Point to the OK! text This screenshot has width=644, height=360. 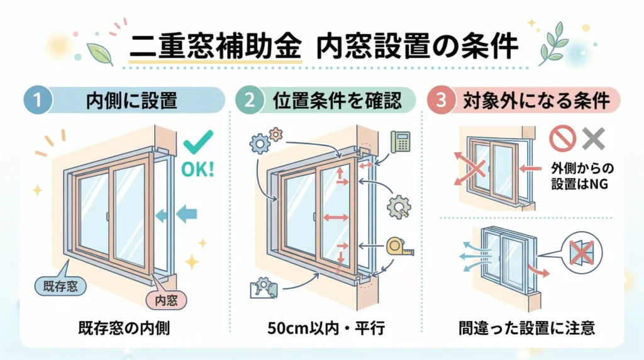[x=197, y=171]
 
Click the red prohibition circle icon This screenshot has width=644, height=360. [x=561, y=139]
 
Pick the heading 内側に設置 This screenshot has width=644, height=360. [x=132, y=101]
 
